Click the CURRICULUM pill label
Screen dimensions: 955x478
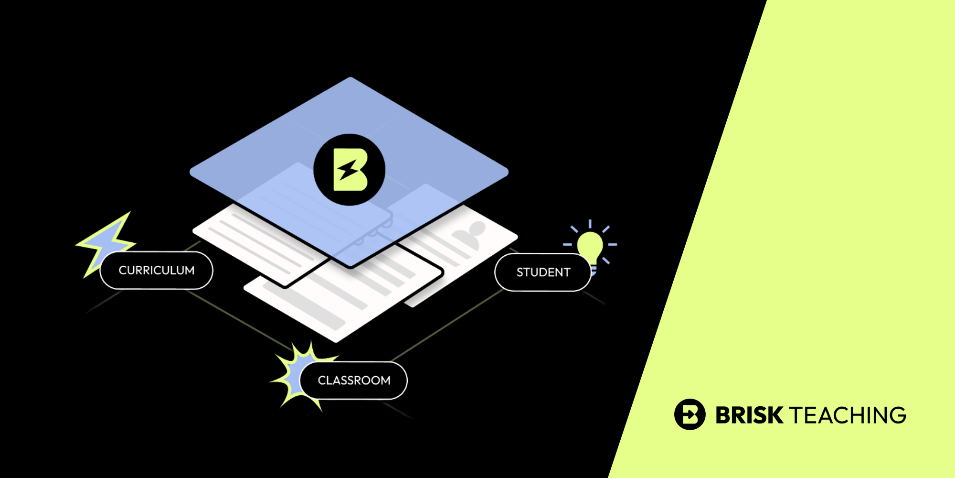(x=157, y=271)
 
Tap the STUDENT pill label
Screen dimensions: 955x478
(x=543, y=272)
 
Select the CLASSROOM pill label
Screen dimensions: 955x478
(x=354, y=380)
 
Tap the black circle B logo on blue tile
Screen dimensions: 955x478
(x=349, y=170)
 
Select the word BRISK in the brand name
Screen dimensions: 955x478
(x=749, y=415)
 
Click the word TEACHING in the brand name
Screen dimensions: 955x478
(x=848, y=415)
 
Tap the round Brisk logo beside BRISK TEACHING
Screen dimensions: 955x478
(x=690, y=414)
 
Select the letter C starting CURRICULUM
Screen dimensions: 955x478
(x=122, y=271)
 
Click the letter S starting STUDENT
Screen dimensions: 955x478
(x=520, y=272)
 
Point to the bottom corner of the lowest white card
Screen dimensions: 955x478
(x=336, y=341)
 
